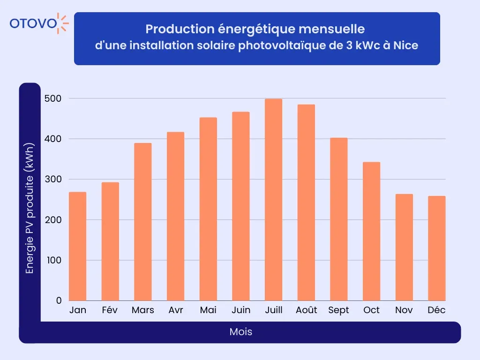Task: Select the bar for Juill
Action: pos(273,200)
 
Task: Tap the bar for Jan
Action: pos(78,246)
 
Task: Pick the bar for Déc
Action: pos(436,248)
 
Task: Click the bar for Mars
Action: pos(143,222)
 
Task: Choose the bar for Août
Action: pos(306,202)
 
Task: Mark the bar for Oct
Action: pos(371,231)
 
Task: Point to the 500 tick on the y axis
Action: pos(53,98)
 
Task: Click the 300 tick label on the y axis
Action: pos(53,180)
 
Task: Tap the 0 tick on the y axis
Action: pos(59,300)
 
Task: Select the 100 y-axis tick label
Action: pos(53,260)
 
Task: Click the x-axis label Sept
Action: pos(338,310)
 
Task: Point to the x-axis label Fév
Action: pos(110,310)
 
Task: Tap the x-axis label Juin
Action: pos(241,310)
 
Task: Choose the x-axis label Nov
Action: pos(404,310)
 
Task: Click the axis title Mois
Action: pos(241,332)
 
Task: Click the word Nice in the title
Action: pos(405,46)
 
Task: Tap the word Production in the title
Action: pos(174,29)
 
